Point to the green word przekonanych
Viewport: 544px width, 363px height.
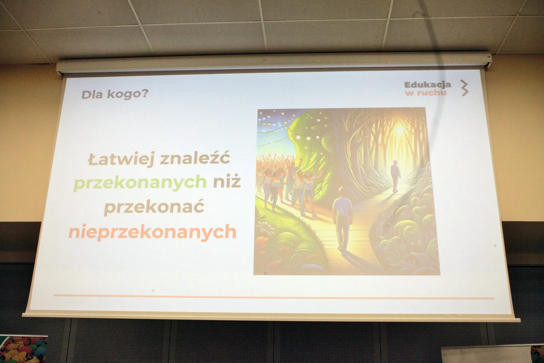[140, 183]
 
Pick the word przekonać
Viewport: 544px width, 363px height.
[154, 207]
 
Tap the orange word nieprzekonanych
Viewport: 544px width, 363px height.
[153, 232]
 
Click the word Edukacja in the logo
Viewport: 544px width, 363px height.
[428, 85]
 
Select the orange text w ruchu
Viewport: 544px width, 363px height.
[426, 93]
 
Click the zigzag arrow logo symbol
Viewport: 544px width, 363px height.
[464, 88]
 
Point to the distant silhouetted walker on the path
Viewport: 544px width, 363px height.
[395, 176]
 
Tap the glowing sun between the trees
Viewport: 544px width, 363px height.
[399, 131]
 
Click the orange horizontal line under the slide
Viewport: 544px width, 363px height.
[274, 297]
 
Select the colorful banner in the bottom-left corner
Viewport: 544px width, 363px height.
[23, 349]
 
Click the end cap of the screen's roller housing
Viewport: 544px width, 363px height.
[488, 60]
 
